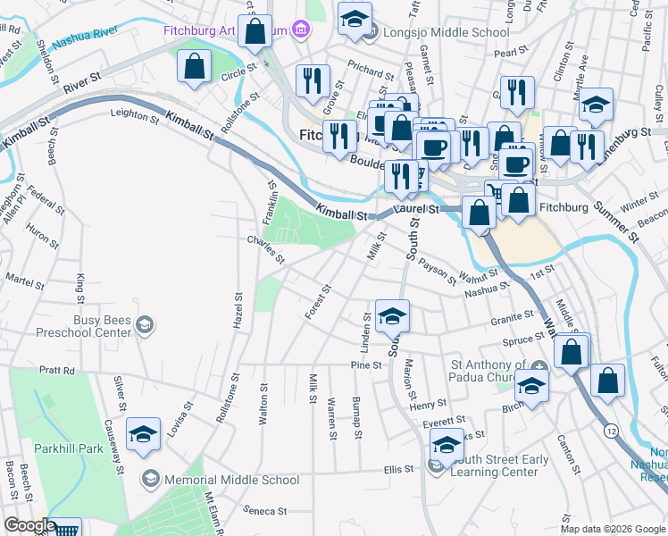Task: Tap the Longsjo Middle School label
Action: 445,33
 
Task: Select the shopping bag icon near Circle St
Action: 194,66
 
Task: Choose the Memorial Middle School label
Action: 231,480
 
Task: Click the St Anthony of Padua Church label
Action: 488,371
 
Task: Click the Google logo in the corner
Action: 29,525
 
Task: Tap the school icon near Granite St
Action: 391,315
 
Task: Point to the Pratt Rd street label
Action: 55,369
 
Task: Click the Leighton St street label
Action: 133,113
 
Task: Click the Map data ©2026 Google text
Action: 613,529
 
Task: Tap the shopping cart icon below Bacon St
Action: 66,529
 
